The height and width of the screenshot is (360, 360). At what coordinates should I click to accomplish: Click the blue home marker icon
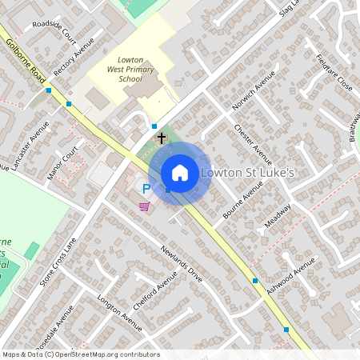[x=180, y=173]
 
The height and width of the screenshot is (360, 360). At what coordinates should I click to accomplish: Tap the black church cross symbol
[x=161, y=139]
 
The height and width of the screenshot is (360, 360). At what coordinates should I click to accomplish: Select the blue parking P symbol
[x=146, y=190]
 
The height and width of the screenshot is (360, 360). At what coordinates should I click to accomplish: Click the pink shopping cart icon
[x=144, y=207]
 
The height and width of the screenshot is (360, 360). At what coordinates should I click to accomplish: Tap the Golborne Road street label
[x=25, y=59]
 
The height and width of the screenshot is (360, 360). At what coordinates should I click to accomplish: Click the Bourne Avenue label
[x=243, y=203]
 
